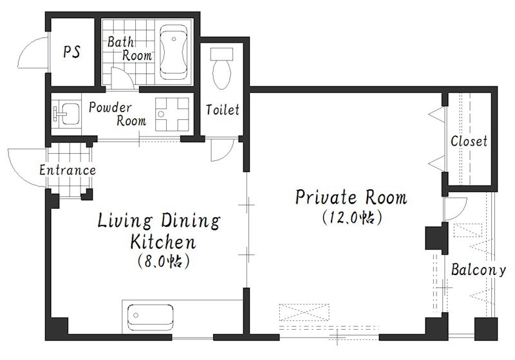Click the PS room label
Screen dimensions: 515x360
[x=72, y=52]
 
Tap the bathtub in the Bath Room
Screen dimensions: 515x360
[x=174, y=52]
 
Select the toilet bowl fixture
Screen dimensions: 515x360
[x=221, y=68]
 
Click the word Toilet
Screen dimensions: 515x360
[x=222, y=109]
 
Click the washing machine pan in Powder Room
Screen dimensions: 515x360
[x=172, y=114]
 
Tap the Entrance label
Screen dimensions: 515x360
[x=68, y=170]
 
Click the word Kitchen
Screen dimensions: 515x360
[x=164, y=242]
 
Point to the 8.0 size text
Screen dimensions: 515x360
[x=164, y=261]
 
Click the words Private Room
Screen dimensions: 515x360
[x=351, y=198]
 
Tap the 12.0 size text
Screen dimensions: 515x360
[x=351, y=218]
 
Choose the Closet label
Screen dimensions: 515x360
[x=469, y=141]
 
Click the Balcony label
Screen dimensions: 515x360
[x=478, y=270]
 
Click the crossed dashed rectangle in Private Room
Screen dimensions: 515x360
[x=304, y=312]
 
